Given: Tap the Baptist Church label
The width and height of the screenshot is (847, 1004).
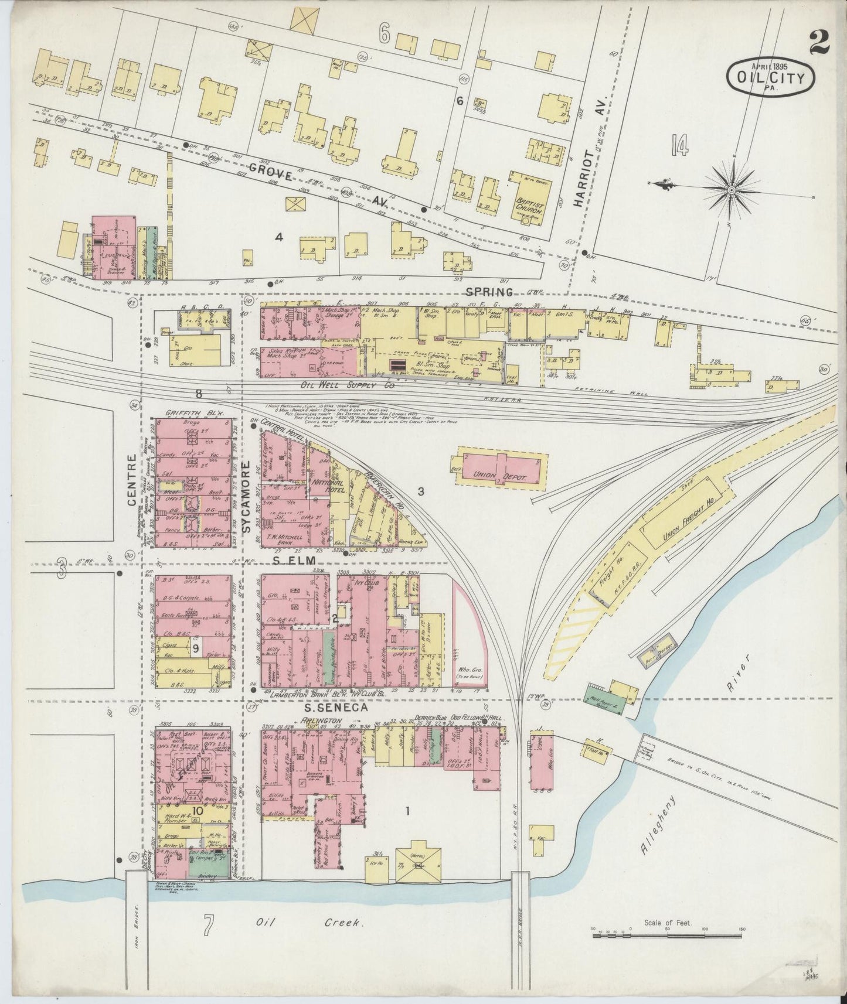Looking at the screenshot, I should tap(529, 203).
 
